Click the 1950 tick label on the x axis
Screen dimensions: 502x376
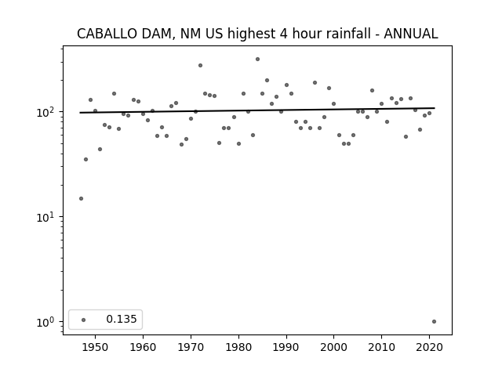(95, 347)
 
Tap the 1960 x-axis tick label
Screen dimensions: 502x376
(143, 347)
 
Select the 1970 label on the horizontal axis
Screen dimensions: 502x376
(191, 347)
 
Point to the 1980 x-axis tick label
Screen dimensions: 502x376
(238, 347)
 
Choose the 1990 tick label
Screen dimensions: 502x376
(286, 347)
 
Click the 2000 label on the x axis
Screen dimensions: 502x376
(334, 347)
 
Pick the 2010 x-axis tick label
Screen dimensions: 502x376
(382, 347)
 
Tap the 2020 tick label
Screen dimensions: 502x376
(429, 347)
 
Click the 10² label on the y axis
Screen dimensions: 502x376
(47, 113)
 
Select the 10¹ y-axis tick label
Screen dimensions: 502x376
(47, 218)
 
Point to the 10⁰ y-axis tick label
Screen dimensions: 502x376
(47, 322)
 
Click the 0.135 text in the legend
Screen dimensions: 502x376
(122, 319)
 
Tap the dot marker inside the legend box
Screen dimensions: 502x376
(84, 320)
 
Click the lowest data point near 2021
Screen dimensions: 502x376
(434, 322)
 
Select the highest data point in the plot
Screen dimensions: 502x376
(258, 60)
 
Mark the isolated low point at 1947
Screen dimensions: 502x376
(81, 198)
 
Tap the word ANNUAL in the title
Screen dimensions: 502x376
(411, 34)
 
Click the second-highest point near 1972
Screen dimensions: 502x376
(201, 66)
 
